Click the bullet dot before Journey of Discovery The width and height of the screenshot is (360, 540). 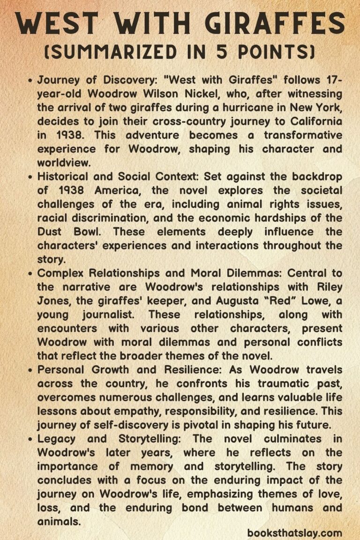30,81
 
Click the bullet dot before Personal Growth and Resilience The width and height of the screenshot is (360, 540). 30,369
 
